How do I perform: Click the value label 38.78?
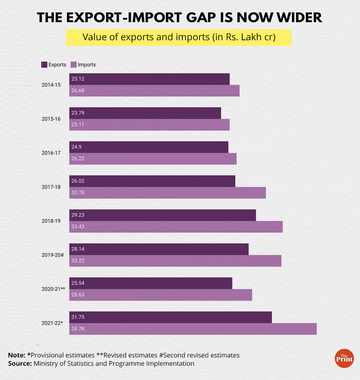coord(78,329)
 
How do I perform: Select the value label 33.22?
coord(78,261)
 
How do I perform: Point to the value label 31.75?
coord(78,317)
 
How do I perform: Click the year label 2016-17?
coord(51,153)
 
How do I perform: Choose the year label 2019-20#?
coord(52,255)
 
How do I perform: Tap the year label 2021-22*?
coord(52,323)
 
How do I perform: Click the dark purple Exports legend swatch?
coord(44,65)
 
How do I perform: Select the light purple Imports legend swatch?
coord(73,65)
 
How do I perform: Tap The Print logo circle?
coord(344,358)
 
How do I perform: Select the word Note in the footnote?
coord(17,355)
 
